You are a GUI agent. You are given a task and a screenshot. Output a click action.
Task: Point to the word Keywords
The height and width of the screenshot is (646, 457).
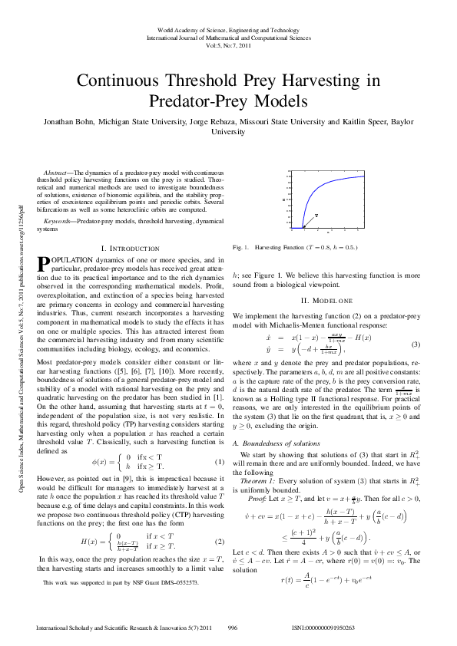(x=58, y=220)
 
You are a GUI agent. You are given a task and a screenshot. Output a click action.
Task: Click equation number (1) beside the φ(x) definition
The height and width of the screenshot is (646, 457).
(x=219, y=462)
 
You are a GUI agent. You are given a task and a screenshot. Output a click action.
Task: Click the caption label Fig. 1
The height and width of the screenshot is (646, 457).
(x=238, y=248)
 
